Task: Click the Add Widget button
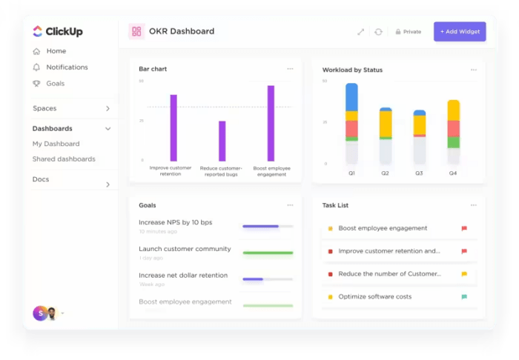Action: pos(460,32)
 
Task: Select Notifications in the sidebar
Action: pos(67,67)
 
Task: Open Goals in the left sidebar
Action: pos(55,84)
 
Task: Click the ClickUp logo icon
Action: pos(38,31)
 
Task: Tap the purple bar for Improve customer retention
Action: pos(173,127)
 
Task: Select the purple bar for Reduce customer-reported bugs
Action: pos(222,141)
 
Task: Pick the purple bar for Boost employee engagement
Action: pos(271,123)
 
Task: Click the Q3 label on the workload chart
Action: pos(419,173)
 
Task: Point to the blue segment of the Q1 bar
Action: pos(351,96)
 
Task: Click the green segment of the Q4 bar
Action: pos(453,142)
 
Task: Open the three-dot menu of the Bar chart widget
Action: pos(290,69)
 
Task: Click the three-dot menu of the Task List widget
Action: pos(473,205)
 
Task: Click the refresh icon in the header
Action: pos(378,32)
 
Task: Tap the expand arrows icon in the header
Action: pos(361,32)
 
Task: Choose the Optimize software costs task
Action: pos(374,297)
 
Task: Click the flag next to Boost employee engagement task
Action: pos(464,229)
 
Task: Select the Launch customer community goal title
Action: pos(185,249)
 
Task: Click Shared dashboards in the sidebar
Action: pos(64,159)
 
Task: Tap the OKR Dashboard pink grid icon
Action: pos(136,31)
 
